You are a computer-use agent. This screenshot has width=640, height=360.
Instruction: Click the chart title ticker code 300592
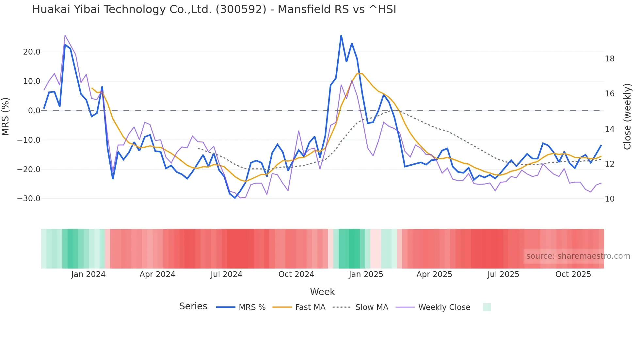click(x=241, y=9)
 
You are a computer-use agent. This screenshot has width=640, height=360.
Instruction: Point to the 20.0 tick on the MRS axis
click(x=32, y=52)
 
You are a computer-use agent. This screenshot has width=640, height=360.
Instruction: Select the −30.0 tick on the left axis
click(x=29, y=199)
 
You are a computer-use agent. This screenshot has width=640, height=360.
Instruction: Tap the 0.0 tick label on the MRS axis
click(x=34, y=111)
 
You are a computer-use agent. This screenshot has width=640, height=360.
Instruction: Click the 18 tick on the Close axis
click(x=609, y=59)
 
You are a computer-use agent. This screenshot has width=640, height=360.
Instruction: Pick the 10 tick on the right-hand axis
click(x=609, y=199)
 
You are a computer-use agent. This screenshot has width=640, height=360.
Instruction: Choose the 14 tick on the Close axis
click(x=609, y=129)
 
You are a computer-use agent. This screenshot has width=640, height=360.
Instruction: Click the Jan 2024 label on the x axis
click(x=88, y=274)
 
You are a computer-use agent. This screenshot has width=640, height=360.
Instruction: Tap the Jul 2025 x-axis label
click(x=503, y=274)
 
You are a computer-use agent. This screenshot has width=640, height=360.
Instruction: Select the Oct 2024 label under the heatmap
click(x=296, y=274)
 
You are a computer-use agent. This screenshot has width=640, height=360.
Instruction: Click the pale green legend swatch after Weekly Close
click(x=487, y=307)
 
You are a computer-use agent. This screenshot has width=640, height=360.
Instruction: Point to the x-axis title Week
click(x=322, y=292)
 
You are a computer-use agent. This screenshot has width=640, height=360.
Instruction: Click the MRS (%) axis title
click(x=6, y=116)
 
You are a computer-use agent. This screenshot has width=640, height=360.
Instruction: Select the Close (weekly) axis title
click(x=627, y=116)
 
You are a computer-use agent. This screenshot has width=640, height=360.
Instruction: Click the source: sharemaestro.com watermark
click(x=578, y=256)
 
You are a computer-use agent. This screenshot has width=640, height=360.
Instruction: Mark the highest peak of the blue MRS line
click(x=341, y=36)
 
